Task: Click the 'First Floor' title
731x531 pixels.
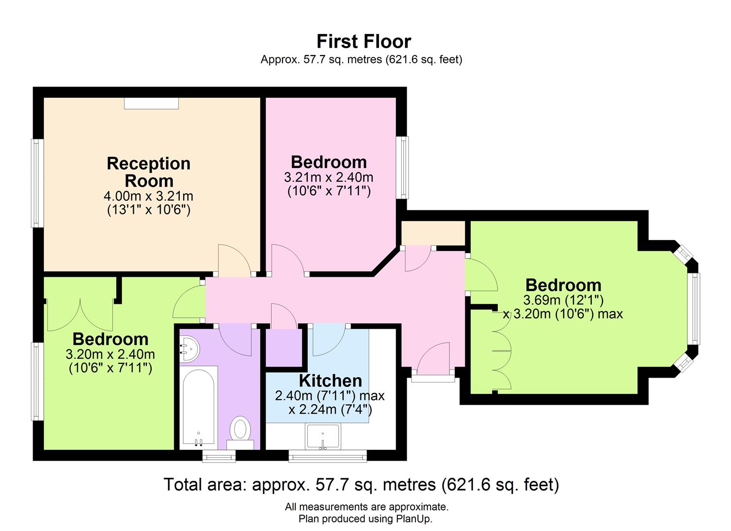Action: coord(363,41)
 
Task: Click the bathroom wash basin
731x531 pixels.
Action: coord(189,349)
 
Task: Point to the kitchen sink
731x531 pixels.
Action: coord(322,436)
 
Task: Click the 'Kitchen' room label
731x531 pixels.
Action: coord(330,381)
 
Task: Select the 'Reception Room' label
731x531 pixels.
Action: coord(148,172)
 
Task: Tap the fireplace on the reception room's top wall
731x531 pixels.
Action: coord(151,103)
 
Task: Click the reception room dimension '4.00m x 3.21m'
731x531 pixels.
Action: coord(148,196)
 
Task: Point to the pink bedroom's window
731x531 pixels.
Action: coord(403,167)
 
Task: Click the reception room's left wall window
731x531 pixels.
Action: coord(36,183)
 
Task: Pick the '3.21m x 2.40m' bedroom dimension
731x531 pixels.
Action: coord(328,177)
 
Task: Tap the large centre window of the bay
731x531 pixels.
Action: coord(694,308)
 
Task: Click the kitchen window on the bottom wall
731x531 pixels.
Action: coord(327,457)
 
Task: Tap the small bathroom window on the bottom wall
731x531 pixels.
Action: coord(219,457)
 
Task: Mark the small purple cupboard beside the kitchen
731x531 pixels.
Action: coord(284,348)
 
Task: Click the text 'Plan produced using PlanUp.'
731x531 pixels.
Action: coord(365,519)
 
